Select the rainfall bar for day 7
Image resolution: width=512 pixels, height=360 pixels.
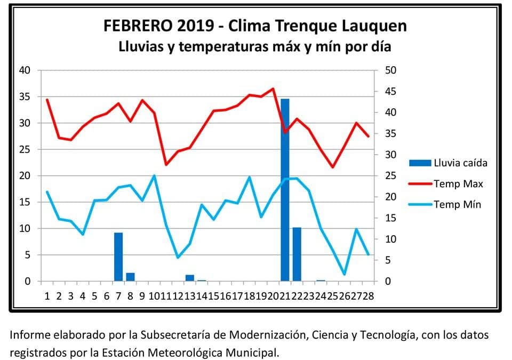118,257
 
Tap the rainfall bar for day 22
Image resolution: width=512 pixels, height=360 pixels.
297,254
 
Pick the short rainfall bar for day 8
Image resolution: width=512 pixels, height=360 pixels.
130,277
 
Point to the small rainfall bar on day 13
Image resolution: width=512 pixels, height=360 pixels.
189,278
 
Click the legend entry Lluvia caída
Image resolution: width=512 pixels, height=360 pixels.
460,163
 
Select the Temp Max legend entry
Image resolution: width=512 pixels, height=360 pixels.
458,183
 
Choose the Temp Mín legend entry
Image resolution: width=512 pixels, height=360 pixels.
457,204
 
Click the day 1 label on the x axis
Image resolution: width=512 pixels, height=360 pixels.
47,296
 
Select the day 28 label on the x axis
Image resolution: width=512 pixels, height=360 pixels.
367,296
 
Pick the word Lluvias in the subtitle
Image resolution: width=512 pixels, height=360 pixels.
142,47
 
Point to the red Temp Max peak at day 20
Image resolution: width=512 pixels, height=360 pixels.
273,89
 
